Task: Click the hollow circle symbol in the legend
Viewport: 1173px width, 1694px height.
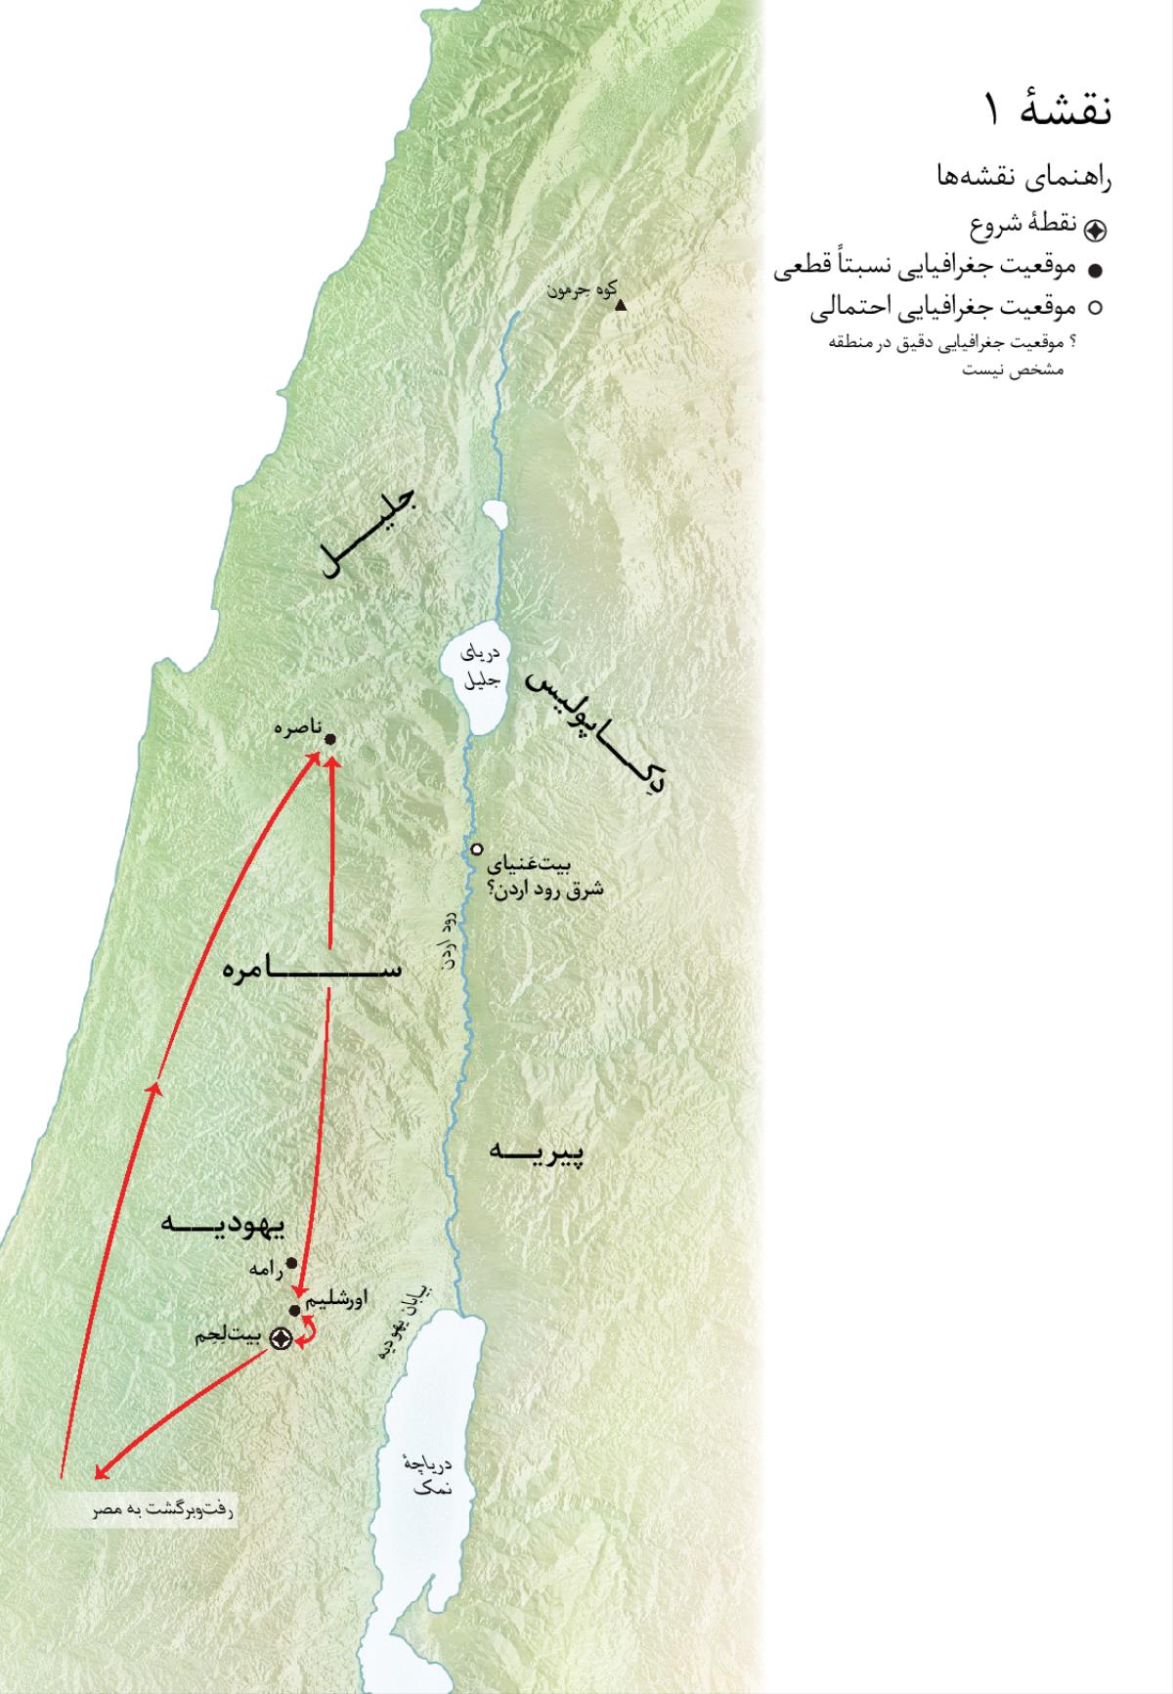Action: (1096, 308)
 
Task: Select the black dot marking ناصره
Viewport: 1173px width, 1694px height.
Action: (329, 739)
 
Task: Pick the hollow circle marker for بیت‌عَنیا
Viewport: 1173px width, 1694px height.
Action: (477, 849)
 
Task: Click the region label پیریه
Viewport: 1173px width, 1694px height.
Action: (537, 1151)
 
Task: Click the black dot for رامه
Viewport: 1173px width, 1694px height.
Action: (291, 1262)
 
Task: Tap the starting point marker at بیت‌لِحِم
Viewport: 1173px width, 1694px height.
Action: (282, 1338)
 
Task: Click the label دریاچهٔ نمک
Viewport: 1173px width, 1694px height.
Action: (427, 1476)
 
